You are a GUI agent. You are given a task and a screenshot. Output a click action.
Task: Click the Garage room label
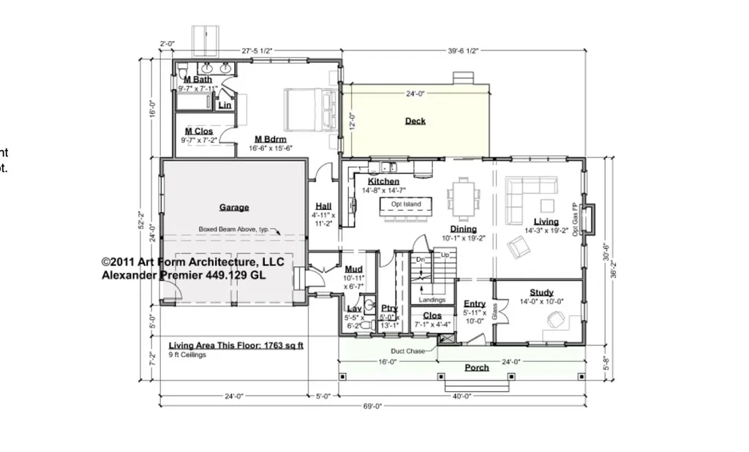pyautogui.click(x=234, y=207)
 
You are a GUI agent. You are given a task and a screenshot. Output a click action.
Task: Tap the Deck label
pyautogui.click(x=415, y=121)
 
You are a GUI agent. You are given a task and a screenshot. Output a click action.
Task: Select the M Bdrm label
pyautogui.click(x=270, y=139)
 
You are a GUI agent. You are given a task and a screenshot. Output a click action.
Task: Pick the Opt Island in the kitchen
pyautogui.click(x=406, y=206)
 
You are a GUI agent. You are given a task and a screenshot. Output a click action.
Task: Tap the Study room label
pyautogui.click(x=541, y=293)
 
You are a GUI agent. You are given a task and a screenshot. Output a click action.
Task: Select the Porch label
pyautogui.click(x=476, y=367)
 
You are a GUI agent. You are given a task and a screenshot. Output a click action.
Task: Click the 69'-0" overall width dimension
pyautogui.click(x=372, y=406)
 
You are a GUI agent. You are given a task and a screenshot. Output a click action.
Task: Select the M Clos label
pyautogui.click(x=198, y=131)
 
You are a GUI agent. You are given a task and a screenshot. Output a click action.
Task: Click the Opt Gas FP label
pyautogui.click(x=576, y=219)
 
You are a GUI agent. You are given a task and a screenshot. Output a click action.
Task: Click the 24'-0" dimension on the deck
pyautogui.click(x=415, y=94)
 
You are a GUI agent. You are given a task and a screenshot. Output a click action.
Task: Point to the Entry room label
pyautogui.click(x=475, y=304)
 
